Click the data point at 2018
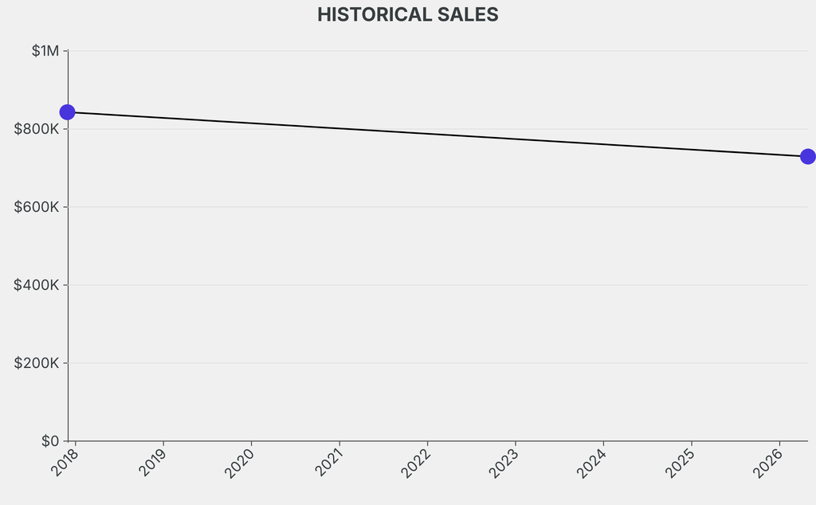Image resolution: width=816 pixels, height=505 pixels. (68, 112)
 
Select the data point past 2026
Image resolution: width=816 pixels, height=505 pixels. (807, 156)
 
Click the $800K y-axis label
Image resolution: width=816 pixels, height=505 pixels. (37, 129)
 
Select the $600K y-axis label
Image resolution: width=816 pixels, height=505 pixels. (37, 207)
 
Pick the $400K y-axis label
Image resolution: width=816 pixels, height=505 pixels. (37, 285)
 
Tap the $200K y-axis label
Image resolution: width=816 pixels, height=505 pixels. (37, 363)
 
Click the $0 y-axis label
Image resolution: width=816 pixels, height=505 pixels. (49, 441)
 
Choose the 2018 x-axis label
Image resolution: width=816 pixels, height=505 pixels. (65, 462)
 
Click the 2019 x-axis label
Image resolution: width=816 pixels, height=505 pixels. (152, 462)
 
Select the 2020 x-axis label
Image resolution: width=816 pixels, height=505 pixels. (240, 462)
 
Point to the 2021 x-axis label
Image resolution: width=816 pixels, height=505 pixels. (328, 462)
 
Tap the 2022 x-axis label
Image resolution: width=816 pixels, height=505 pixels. (416, 462)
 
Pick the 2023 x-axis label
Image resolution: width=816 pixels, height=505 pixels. (504, 462)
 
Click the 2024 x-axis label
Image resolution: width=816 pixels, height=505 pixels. (592, 462)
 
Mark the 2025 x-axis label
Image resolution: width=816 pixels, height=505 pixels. (680, 462)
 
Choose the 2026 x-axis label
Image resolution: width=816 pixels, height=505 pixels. (767, 462)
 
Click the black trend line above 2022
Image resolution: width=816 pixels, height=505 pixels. (427, 134)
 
